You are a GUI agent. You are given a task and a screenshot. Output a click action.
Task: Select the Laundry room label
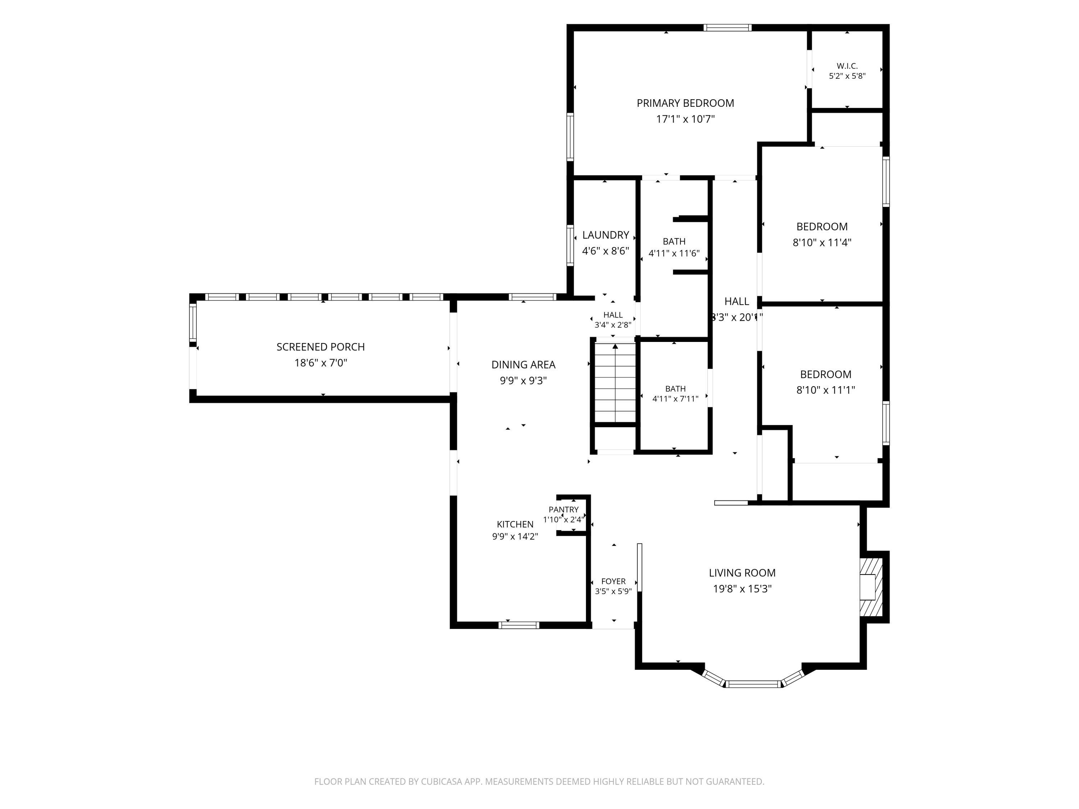605,235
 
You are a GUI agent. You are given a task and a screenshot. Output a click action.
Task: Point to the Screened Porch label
320,347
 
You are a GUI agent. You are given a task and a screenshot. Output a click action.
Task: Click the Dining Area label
523,365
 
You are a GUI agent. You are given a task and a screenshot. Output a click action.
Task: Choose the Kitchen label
515,524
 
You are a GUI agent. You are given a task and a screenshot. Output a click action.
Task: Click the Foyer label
613,581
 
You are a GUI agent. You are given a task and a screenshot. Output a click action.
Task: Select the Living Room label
742,573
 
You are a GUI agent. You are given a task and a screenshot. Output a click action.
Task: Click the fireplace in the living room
871,587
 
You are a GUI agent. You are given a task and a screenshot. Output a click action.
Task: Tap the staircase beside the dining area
615,383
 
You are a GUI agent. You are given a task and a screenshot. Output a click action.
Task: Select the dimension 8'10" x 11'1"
825,390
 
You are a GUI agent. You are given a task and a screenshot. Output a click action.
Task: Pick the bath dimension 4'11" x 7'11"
675,399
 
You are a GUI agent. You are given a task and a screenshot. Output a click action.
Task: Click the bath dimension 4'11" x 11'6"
674,253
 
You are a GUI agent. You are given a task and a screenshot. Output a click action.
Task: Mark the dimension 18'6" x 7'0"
320,363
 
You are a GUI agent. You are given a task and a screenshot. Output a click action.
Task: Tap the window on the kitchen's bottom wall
519,625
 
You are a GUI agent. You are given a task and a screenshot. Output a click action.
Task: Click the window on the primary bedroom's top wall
727,28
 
